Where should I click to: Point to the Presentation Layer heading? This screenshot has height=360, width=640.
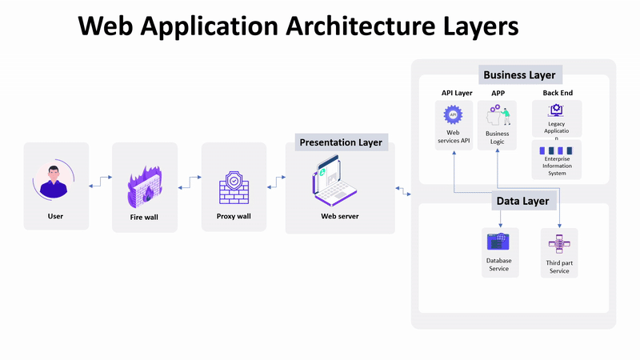[341, 143]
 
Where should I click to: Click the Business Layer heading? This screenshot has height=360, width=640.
[519, 75]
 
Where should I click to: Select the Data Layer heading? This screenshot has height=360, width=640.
[522, 201]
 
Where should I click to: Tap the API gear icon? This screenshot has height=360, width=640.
[453, 115]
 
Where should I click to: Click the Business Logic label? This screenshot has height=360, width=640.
[498, 138]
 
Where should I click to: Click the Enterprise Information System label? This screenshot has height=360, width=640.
[557, 166]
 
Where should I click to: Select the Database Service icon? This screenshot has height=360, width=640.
[499, 242]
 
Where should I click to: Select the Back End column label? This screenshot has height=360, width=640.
[558, 94]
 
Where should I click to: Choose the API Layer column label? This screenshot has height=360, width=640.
[457, 94]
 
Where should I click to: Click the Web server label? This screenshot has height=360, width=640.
[340, 216]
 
